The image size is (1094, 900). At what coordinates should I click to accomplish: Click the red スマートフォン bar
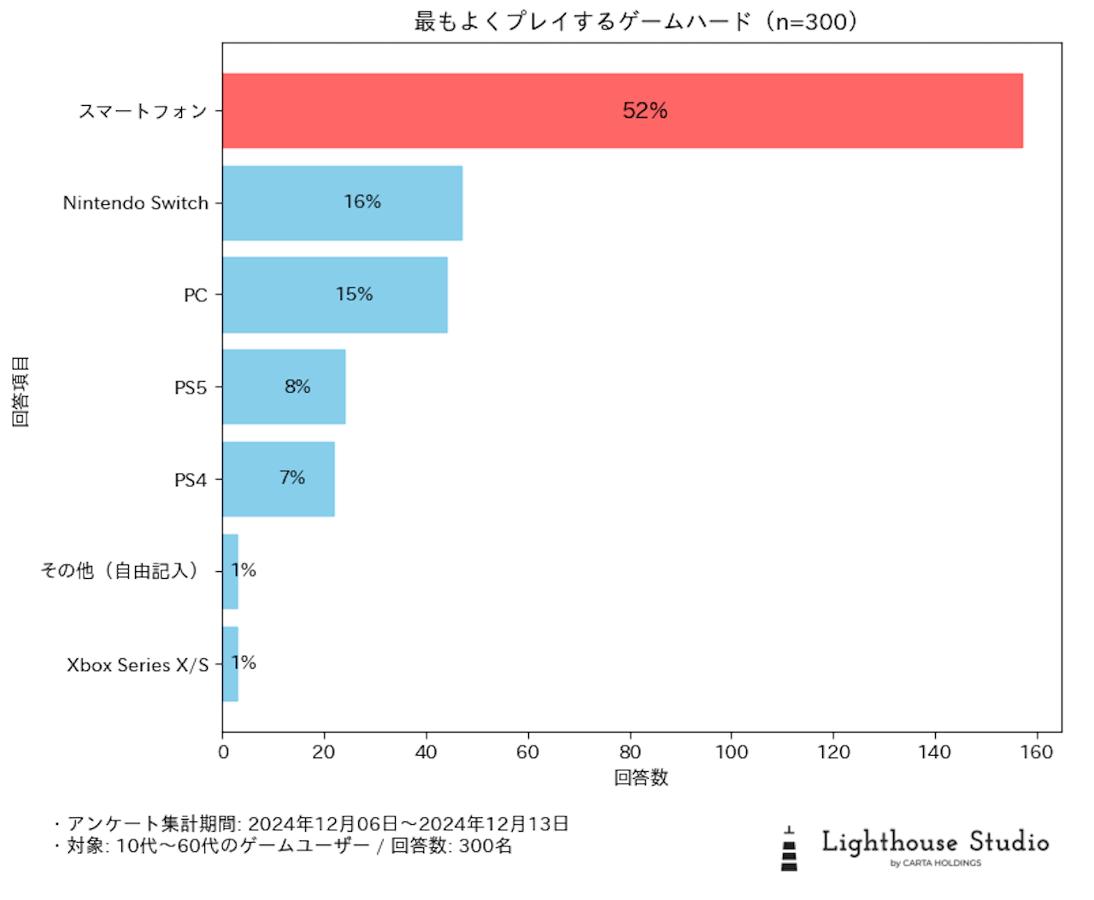coord(622,111)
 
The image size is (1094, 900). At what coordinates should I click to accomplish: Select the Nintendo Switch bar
coord(342,203)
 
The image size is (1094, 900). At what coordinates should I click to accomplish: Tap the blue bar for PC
coord(334,295)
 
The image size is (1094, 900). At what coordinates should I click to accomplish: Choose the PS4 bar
coord(278,479)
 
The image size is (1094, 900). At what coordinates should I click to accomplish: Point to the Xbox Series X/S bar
coord(230,664)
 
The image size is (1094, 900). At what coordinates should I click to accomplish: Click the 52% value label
coord(644,111)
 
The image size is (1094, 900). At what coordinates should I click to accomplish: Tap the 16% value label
coord(362,202)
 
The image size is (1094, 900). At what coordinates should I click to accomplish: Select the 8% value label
coord(297,387)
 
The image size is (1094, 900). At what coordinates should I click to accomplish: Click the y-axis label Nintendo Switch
coord(136,203)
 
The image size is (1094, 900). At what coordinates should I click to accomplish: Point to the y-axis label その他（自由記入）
coord(120,570)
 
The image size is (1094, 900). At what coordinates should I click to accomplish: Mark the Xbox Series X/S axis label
coord(138,665)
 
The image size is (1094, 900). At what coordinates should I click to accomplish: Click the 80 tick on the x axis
coord(630,752)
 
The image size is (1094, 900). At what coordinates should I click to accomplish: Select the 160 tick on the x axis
coord(1037,752)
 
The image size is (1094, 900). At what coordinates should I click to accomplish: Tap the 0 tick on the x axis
coord(223,752)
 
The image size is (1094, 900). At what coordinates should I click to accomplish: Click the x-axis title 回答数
coord(641,778)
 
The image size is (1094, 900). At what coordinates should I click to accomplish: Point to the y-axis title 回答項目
coord(21,391)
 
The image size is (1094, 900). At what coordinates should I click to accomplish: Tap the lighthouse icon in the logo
coord(789,849)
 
